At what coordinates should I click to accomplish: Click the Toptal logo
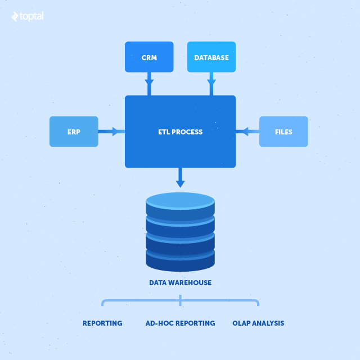(x=27, y=16)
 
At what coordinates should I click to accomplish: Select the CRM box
(x=149, y=57)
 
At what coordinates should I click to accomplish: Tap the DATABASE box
(x=211, y=57)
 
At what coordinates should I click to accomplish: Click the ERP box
(x=74, y=132)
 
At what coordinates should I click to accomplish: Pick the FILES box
(x=283, y=132)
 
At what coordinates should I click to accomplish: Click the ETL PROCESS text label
(x=180, y=132)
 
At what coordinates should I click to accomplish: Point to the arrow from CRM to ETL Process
(x=149, y=84)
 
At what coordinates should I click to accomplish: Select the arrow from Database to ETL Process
(x=211, y=84)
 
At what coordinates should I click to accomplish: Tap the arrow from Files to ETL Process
(x=247, y=132)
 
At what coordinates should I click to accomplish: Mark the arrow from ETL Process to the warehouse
(x=180, y=177)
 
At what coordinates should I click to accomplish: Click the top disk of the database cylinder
(x=180, y=201)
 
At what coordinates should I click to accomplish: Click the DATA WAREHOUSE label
(x=180, y=282)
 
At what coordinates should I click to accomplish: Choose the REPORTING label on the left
(x=102, y=323)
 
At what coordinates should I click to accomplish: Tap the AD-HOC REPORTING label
(x=180, y=323)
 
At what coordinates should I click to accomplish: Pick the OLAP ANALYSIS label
(x=258, y=323)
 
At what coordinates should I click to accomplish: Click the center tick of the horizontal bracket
(x=180, y=301)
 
